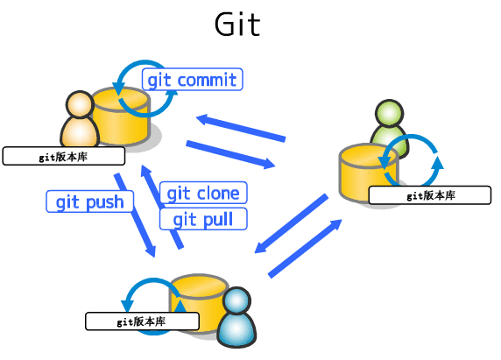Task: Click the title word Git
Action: coord(237,24)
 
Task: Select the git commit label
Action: coord(192,80)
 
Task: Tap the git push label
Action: coord(90,202)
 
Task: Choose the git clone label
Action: coord(202,193)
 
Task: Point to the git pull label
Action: coord(203,219)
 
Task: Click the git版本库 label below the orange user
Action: coord(63,157)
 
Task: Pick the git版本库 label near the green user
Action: coord(429,195)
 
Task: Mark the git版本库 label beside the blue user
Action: coord(142,321)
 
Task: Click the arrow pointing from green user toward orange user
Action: coord(241,127)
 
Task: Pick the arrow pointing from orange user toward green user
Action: coord(230,153)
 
